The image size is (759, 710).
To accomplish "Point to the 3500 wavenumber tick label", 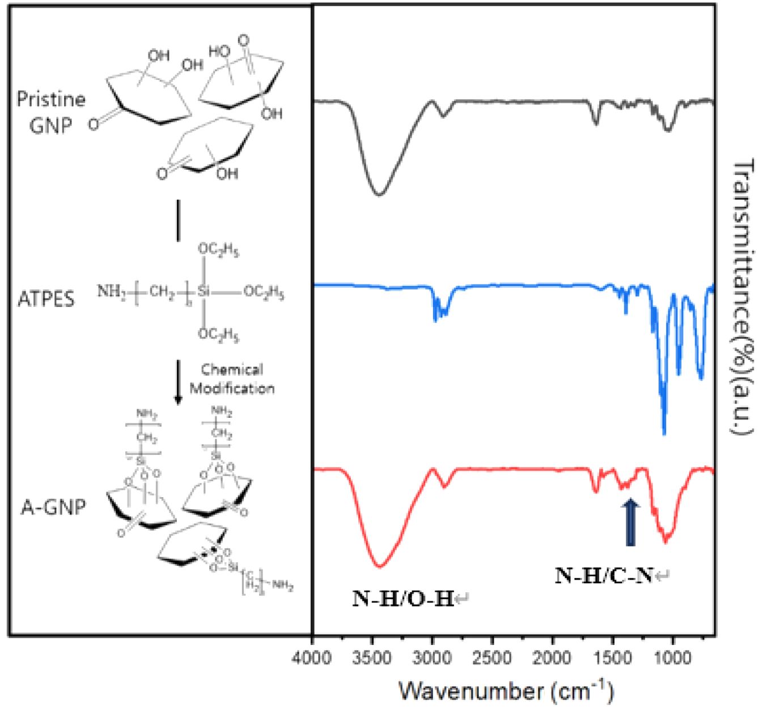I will click(372, 660).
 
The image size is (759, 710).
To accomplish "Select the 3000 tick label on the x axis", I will click(432, 660).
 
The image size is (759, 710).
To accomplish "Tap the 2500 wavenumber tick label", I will click(492, 660).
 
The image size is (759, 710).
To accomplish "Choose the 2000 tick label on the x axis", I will click(552, 660).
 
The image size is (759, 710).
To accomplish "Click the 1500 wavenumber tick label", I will click(612, 660).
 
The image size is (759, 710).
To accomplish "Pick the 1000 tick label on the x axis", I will click(672, 660).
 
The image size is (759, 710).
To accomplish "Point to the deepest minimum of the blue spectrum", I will click(664, 433).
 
